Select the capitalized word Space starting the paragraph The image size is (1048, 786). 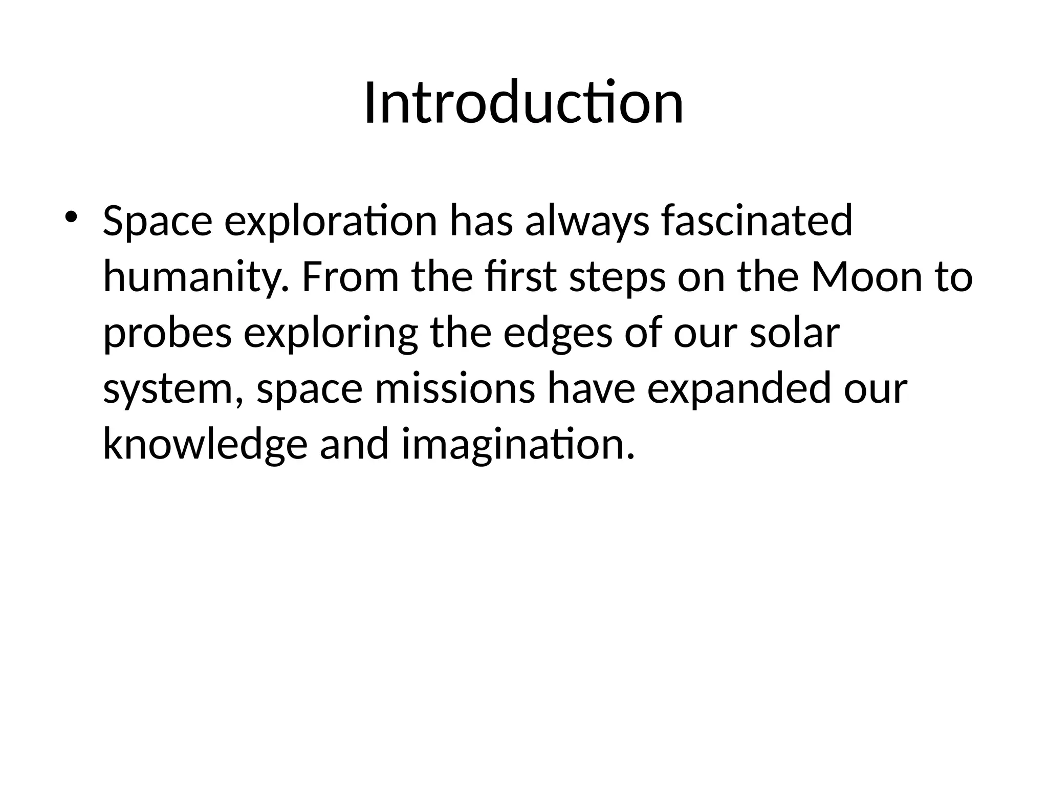pyautogui.click(x=157, y=222)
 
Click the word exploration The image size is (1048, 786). pyautogui.click(x=331, y=222)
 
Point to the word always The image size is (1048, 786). pyautogui.click(x=586, y=222)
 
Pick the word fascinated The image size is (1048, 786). pyautogui.click(x=756, y=221)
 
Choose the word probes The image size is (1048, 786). pyautogui.click(x=167, y=334)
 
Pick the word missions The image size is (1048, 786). pyautogui.click(x=454, y=389)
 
